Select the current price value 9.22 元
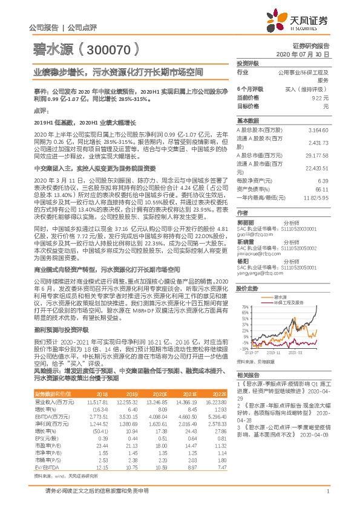tap(320, 97)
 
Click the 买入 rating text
tap(309, 89)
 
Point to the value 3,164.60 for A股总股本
tap(318, 130)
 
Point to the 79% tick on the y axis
tap(245, 307)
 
